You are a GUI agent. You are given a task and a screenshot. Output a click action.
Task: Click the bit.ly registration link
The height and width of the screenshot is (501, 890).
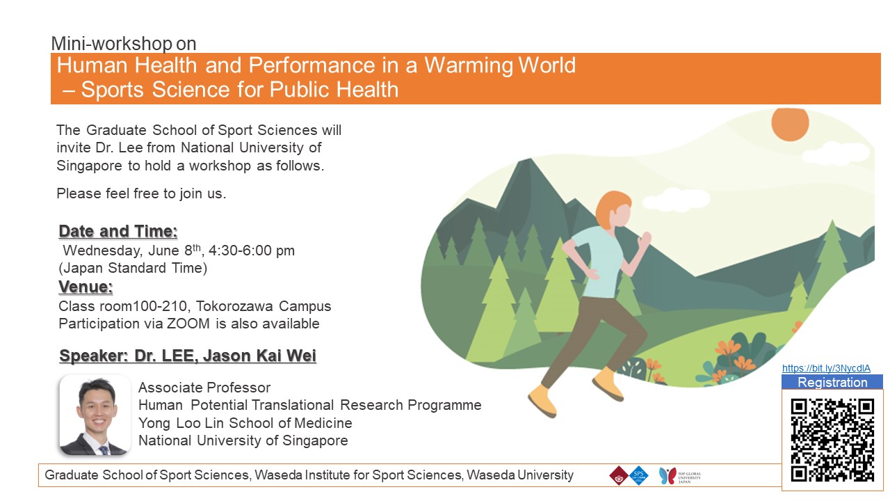[x=826, y=368]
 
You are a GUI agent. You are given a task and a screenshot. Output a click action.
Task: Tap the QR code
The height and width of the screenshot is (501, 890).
[x=832, y=440]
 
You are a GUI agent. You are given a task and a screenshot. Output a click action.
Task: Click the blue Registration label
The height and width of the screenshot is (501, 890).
[x=832, y=382]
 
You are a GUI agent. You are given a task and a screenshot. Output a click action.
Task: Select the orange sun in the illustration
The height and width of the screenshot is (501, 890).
[x=790, y=124]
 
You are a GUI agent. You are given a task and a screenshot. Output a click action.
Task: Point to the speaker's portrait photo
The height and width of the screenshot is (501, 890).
[x=95, y=415]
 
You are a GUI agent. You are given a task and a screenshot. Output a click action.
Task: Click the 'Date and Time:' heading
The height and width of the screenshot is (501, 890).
[x=118, y=232]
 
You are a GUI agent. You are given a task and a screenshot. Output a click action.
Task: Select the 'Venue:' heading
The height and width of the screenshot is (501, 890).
[x=86, y=287]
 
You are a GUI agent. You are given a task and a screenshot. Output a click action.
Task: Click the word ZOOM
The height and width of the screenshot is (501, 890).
[x=188, y=324]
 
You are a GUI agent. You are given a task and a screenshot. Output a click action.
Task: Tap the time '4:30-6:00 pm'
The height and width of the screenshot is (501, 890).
[x=252, y=250]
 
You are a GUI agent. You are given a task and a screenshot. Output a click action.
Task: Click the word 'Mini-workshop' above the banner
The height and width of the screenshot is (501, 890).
[x=112, y=43]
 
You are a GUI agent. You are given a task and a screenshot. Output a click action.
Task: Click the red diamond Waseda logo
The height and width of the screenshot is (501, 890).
[x=619, y=475]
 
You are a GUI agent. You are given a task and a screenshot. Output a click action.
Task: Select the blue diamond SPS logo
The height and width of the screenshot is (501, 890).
[x=638, y=475]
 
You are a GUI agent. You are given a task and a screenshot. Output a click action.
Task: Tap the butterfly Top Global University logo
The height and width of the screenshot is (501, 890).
[x=667, y=475]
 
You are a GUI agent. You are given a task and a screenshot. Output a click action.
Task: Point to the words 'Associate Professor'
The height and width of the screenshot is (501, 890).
[x=204, y=388]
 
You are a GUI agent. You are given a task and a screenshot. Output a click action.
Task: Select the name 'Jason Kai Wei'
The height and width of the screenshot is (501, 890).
[x=259, y=356]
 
